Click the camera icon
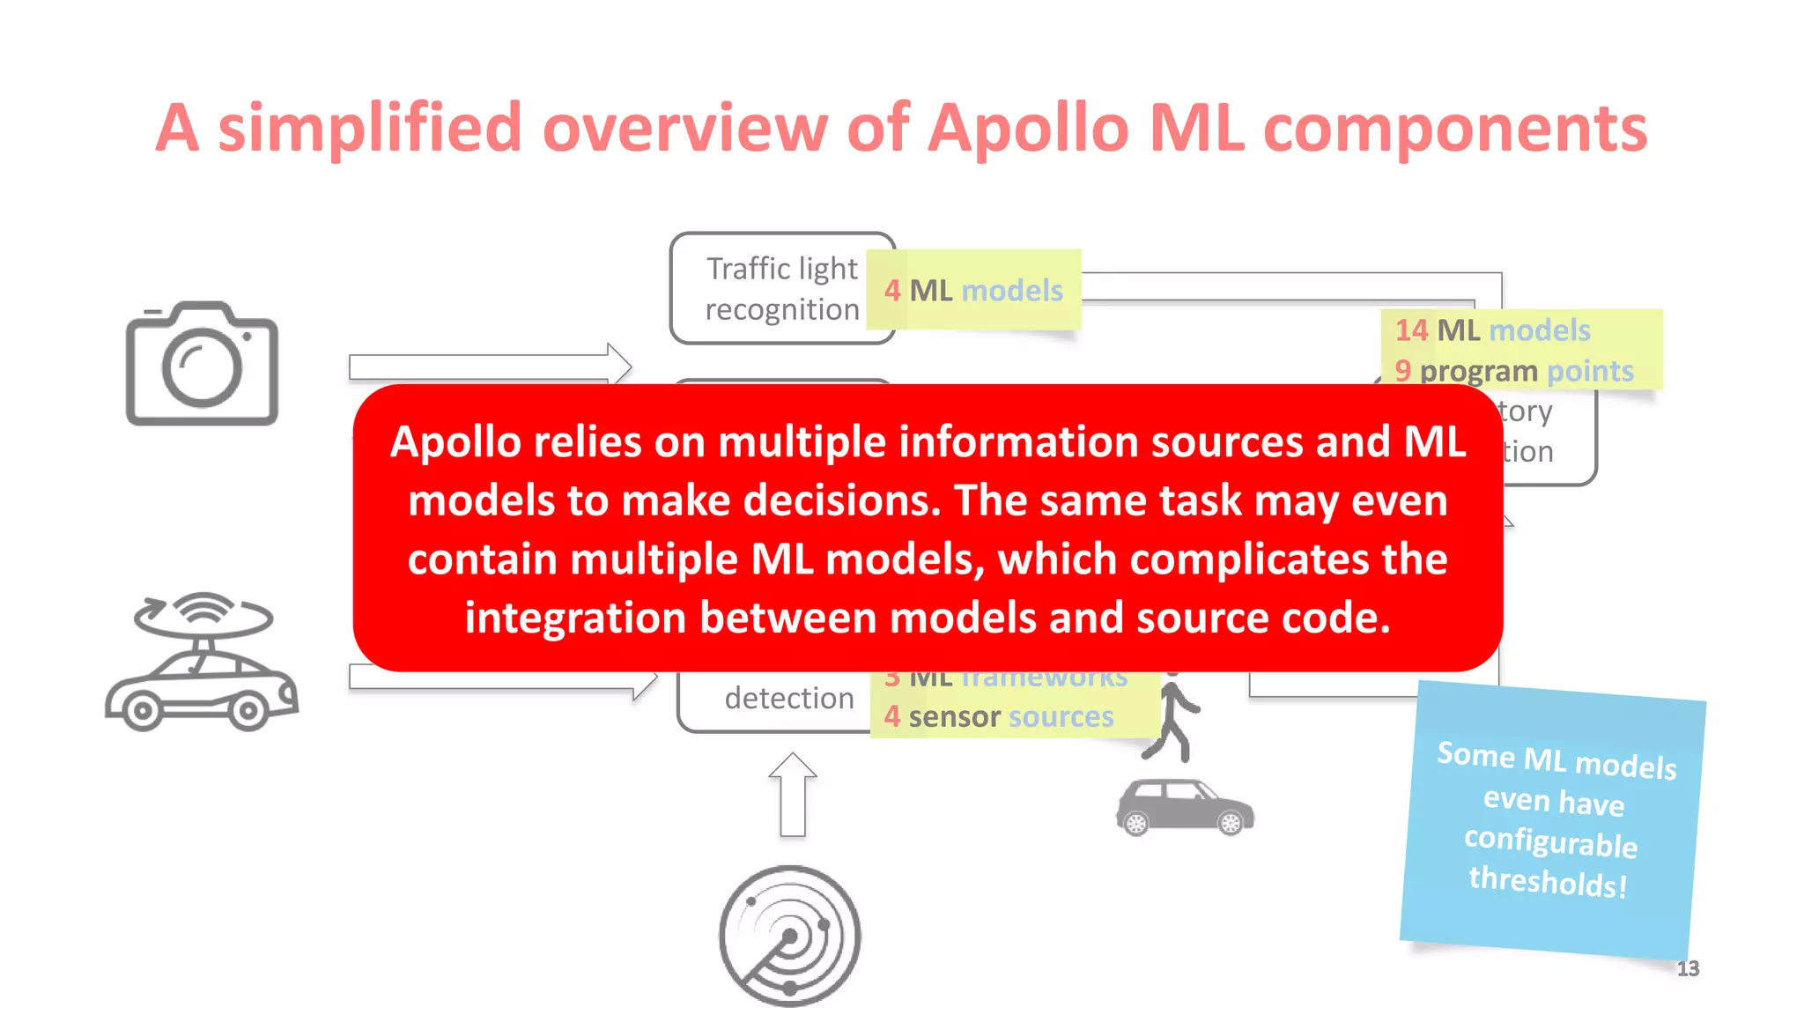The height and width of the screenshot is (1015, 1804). [202, 364]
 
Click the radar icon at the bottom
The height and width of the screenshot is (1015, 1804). [789, 936]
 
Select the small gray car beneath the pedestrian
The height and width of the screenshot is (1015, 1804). [1184, 807]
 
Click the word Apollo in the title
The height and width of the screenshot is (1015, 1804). [1028, 129]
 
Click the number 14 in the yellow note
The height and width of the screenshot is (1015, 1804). [1411, 330]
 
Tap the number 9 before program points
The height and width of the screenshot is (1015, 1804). [1403, 371]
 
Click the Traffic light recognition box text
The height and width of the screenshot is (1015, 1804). [781, 288]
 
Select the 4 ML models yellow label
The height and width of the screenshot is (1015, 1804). [973, 290]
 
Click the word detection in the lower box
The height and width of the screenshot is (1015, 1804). [789, 698]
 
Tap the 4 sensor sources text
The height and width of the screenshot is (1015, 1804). [999, 716]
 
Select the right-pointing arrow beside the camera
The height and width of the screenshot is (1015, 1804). [489, 366]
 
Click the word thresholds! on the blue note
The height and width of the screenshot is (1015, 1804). [1547, 881]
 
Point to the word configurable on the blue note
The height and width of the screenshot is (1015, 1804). [1550, 841]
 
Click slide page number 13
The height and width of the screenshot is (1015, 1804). [1688, 968]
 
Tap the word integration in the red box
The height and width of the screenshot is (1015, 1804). [574, 618]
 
